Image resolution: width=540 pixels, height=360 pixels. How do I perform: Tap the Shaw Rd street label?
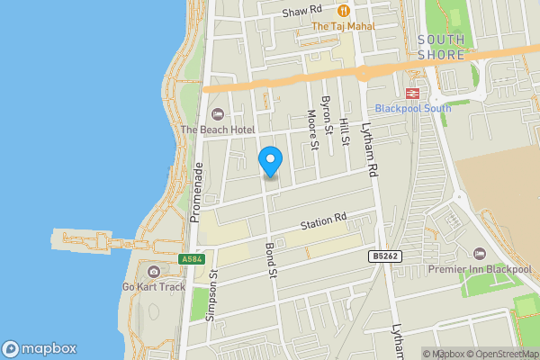click(302, 11)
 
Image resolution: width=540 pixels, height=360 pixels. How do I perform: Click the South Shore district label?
click(441, 47)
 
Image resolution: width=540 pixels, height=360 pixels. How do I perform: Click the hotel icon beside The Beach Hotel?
click(216, 114)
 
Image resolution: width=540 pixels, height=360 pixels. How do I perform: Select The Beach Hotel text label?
click(217, 130)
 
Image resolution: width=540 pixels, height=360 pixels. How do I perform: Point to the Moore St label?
click(312, 130)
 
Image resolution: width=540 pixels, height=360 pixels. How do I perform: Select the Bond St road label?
click(269, 260)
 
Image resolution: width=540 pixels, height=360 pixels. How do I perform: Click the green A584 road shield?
click(191, 259)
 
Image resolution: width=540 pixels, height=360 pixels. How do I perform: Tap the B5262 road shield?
click(384, 256)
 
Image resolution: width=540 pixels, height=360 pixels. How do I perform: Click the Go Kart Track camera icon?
click(153, 272)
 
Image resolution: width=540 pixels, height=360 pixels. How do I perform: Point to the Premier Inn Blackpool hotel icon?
click(479, 254)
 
